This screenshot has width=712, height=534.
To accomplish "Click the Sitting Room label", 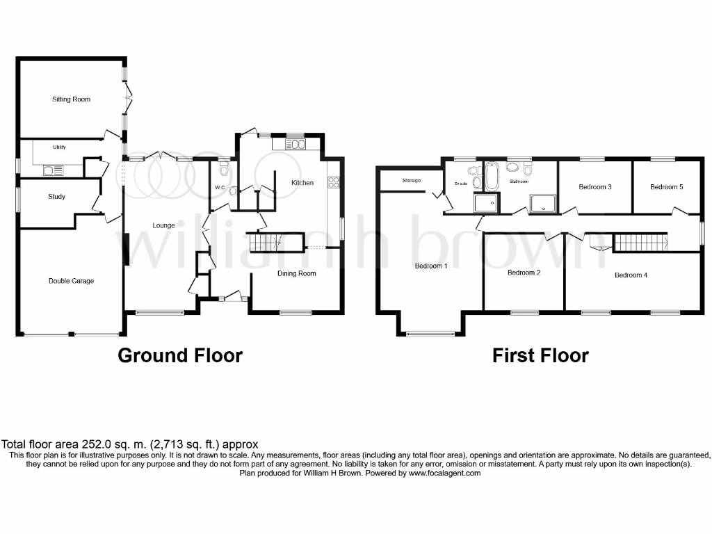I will click(71, 99).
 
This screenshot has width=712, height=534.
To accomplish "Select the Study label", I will click(56, 197).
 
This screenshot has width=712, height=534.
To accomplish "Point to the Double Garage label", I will click(71, 281).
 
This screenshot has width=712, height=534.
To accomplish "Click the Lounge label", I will click(163, 225).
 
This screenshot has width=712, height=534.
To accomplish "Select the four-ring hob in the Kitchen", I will click(333, 183).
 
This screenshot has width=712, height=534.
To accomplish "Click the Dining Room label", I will click(297, 273).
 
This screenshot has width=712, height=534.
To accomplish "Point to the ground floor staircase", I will click(265, 242).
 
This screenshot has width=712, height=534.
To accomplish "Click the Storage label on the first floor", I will click(411, 181).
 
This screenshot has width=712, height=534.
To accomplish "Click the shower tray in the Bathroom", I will click(543, 203).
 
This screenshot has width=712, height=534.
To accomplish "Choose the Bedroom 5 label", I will click(666, 186).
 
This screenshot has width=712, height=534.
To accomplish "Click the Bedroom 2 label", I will click(524, 273).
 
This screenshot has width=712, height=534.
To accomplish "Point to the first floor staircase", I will click(638, 243).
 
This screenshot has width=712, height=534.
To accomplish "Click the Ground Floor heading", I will click(180, 355).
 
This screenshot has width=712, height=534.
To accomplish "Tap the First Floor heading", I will click(540, 355).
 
